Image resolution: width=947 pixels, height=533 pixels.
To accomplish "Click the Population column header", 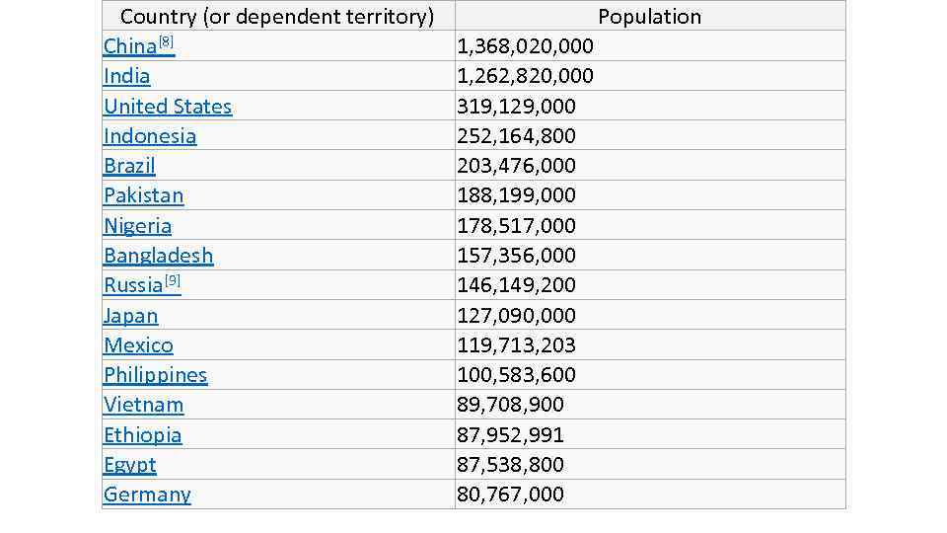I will tap(649, 17).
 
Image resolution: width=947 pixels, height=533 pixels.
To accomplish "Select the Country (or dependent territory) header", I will tap(277, 17).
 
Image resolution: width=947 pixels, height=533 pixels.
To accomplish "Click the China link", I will tap(129, 47).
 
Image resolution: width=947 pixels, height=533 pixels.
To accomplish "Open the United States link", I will tap(168, 107).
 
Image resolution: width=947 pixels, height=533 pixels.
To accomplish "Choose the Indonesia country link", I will tap(150, 136).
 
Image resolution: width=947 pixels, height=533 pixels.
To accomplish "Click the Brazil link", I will tap(129, 166).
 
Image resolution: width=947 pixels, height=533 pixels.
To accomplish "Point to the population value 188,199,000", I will tap(516, 195).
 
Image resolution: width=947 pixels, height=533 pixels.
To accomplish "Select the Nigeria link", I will tap(137, 226).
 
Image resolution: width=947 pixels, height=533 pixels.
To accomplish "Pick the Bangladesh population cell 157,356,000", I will tap(516, 256).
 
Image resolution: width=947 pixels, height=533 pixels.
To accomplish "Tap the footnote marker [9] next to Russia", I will tap(173, 281).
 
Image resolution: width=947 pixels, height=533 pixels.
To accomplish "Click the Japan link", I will tap(130, 316).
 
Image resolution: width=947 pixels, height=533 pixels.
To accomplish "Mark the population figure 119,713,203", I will tap(516, 345).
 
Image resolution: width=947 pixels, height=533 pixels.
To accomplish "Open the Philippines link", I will tap(155, 375).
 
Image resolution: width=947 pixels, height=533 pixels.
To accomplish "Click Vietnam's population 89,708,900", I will tap(510, 405).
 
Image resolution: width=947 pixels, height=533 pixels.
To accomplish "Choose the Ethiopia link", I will tap(142, 435).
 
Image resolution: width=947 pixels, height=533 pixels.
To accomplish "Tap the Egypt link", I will tap(129, 465).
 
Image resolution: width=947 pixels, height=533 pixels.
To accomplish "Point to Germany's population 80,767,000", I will tap(510, 495).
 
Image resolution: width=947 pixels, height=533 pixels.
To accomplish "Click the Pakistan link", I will tap(143, 195).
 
